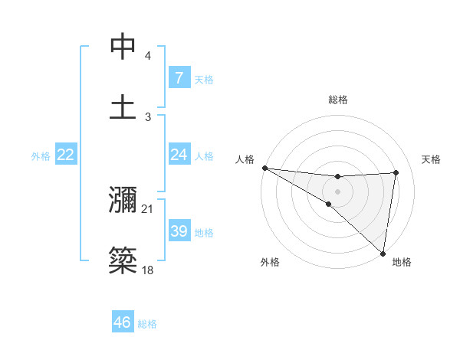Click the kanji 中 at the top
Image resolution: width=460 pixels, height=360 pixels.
point(123,47)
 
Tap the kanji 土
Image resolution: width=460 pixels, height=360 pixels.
point(123,106)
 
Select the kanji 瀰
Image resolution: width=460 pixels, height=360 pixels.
point(123,200)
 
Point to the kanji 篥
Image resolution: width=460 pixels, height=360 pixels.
point(123,259)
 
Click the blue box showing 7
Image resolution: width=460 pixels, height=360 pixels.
point(179,78)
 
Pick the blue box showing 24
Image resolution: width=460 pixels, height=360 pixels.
point(179,155)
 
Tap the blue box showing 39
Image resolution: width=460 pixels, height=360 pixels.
point(179,231)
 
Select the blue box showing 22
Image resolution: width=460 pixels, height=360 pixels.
point(66,155)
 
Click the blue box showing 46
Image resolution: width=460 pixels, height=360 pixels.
point(123,322)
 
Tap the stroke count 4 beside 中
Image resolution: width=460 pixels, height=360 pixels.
point(148,57)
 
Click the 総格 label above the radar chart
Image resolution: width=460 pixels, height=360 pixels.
point(338,100)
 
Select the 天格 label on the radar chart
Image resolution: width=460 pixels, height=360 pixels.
point(432,159)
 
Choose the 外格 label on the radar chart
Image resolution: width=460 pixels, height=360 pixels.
point(270,262)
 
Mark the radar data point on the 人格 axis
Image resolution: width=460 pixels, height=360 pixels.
point(264,168)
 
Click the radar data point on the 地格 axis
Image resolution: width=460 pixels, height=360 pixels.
point(383,253)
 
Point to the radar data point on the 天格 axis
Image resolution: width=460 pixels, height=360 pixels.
point(396,172)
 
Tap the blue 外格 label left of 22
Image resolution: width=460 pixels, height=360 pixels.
point(41,155)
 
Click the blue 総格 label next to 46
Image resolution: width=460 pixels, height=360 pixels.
point(147,323)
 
